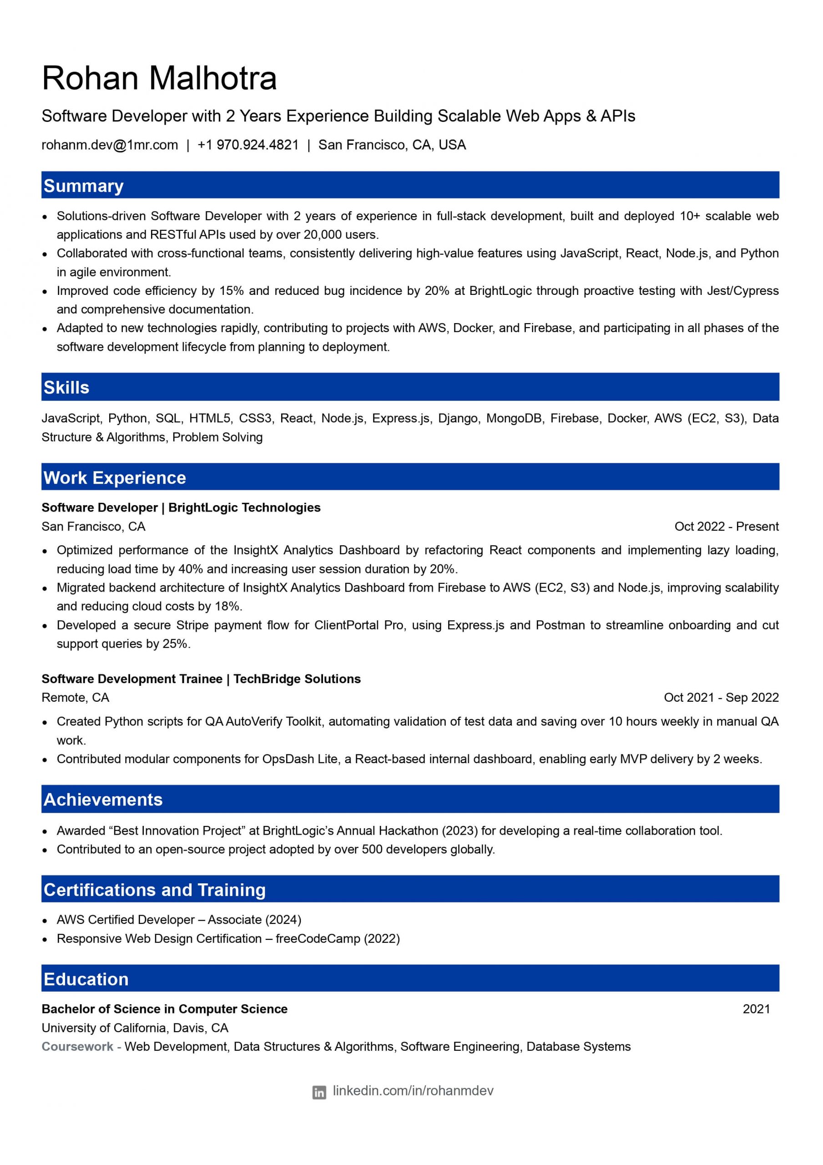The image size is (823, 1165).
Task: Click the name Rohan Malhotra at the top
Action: point(159,78)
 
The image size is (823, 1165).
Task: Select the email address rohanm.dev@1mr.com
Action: point(110,145)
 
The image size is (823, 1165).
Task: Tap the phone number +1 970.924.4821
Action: point(247,145)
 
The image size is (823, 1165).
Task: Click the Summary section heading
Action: point(84,186)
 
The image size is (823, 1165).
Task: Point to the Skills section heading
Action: point(66,387)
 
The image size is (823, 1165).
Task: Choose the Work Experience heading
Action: point(115,477)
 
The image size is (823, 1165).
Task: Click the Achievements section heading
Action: point(103,799)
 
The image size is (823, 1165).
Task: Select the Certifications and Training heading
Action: point(154,890)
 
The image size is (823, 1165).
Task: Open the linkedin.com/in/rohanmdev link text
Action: point(413,1091)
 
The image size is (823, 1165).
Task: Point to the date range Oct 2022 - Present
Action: point(726,526)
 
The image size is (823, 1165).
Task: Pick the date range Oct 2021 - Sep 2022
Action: point(721,697)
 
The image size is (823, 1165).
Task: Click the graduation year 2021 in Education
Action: point(756,1009)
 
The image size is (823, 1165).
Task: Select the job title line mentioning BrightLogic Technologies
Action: point(181,507)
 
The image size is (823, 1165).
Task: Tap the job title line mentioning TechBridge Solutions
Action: point(201,679)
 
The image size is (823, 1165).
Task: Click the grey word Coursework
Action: point(78,1046)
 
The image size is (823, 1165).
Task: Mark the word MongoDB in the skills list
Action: point(514,418)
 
